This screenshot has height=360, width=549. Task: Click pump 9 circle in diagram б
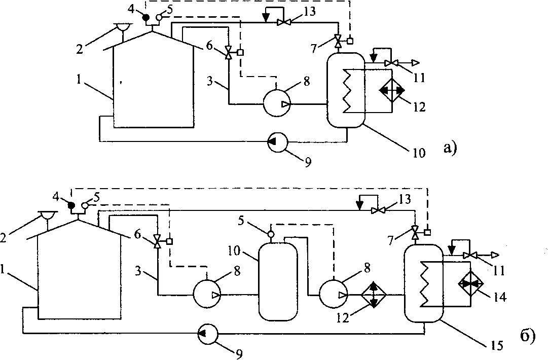[x=207, y=333]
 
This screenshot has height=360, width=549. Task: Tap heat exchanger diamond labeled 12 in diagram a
[x=393, y=90]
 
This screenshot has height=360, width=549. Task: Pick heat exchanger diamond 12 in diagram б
[x=374, y=295]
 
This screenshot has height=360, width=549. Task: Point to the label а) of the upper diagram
[x=450, y=148]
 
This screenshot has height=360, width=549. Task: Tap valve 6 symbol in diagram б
[x=157, y=241]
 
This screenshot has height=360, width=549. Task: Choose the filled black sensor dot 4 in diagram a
[x=145, y=18]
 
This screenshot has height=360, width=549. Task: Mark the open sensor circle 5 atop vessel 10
[x=270, y=234]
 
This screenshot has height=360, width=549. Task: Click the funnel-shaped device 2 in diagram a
[x=122, y=27]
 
